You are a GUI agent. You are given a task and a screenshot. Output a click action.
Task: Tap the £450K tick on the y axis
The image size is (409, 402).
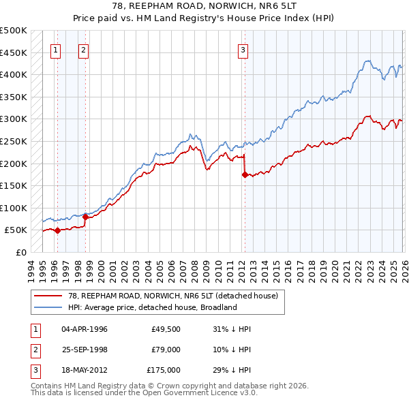(14, 52)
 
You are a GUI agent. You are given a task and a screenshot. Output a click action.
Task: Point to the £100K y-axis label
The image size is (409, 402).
(14, 208)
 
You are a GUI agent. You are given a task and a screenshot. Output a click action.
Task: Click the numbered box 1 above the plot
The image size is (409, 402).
(55, 49)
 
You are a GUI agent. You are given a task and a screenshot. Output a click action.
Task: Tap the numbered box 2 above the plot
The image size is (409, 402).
(83, 49)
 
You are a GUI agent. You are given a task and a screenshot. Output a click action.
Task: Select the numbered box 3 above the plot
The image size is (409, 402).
(243, 49)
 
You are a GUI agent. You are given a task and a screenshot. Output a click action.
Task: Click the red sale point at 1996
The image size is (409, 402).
(57, 230)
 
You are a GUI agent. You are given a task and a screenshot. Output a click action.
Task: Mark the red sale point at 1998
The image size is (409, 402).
(86, 217)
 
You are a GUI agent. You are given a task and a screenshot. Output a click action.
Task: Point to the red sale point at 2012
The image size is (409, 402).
(244, 174)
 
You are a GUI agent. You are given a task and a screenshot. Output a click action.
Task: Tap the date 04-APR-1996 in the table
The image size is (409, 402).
(85, 329)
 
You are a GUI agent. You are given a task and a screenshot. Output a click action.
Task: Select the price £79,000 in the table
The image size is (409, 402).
(163, 350)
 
